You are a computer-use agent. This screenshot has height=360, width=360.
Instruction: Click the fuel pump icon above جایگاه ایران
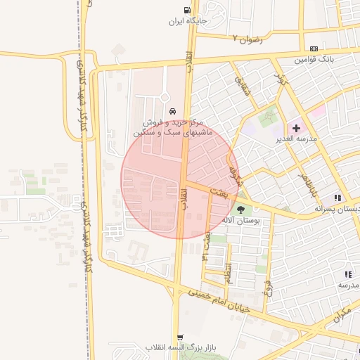pos(186,11)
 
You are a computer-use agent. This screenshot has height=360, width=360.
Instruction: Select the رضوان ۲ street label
pos(247,39)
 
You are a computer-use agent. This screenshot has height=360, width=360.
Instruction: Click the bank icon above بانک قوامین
pos(314,48)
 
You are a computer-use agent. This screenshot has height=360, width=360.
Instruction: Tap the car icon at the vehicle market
pos(172,111)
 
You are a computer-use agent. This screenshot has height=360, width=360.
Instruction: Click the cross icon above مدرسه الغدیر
pos(296,128)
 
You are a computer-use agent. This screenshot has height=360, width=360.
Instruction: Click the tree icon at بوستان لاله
pos(241,209)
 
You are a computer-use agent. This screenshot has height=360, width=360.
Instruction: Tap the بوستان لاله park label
pos(241,220)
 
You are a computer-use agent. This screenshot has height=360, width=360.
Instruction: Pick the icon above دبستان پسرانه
pos(337,198)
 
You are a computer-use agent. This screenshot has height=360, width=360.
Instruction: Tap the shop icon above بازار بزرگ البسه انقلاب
pos(181,337)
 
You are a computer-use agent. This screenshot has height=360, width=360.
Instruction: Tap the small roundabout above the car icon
pos(165,96)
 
